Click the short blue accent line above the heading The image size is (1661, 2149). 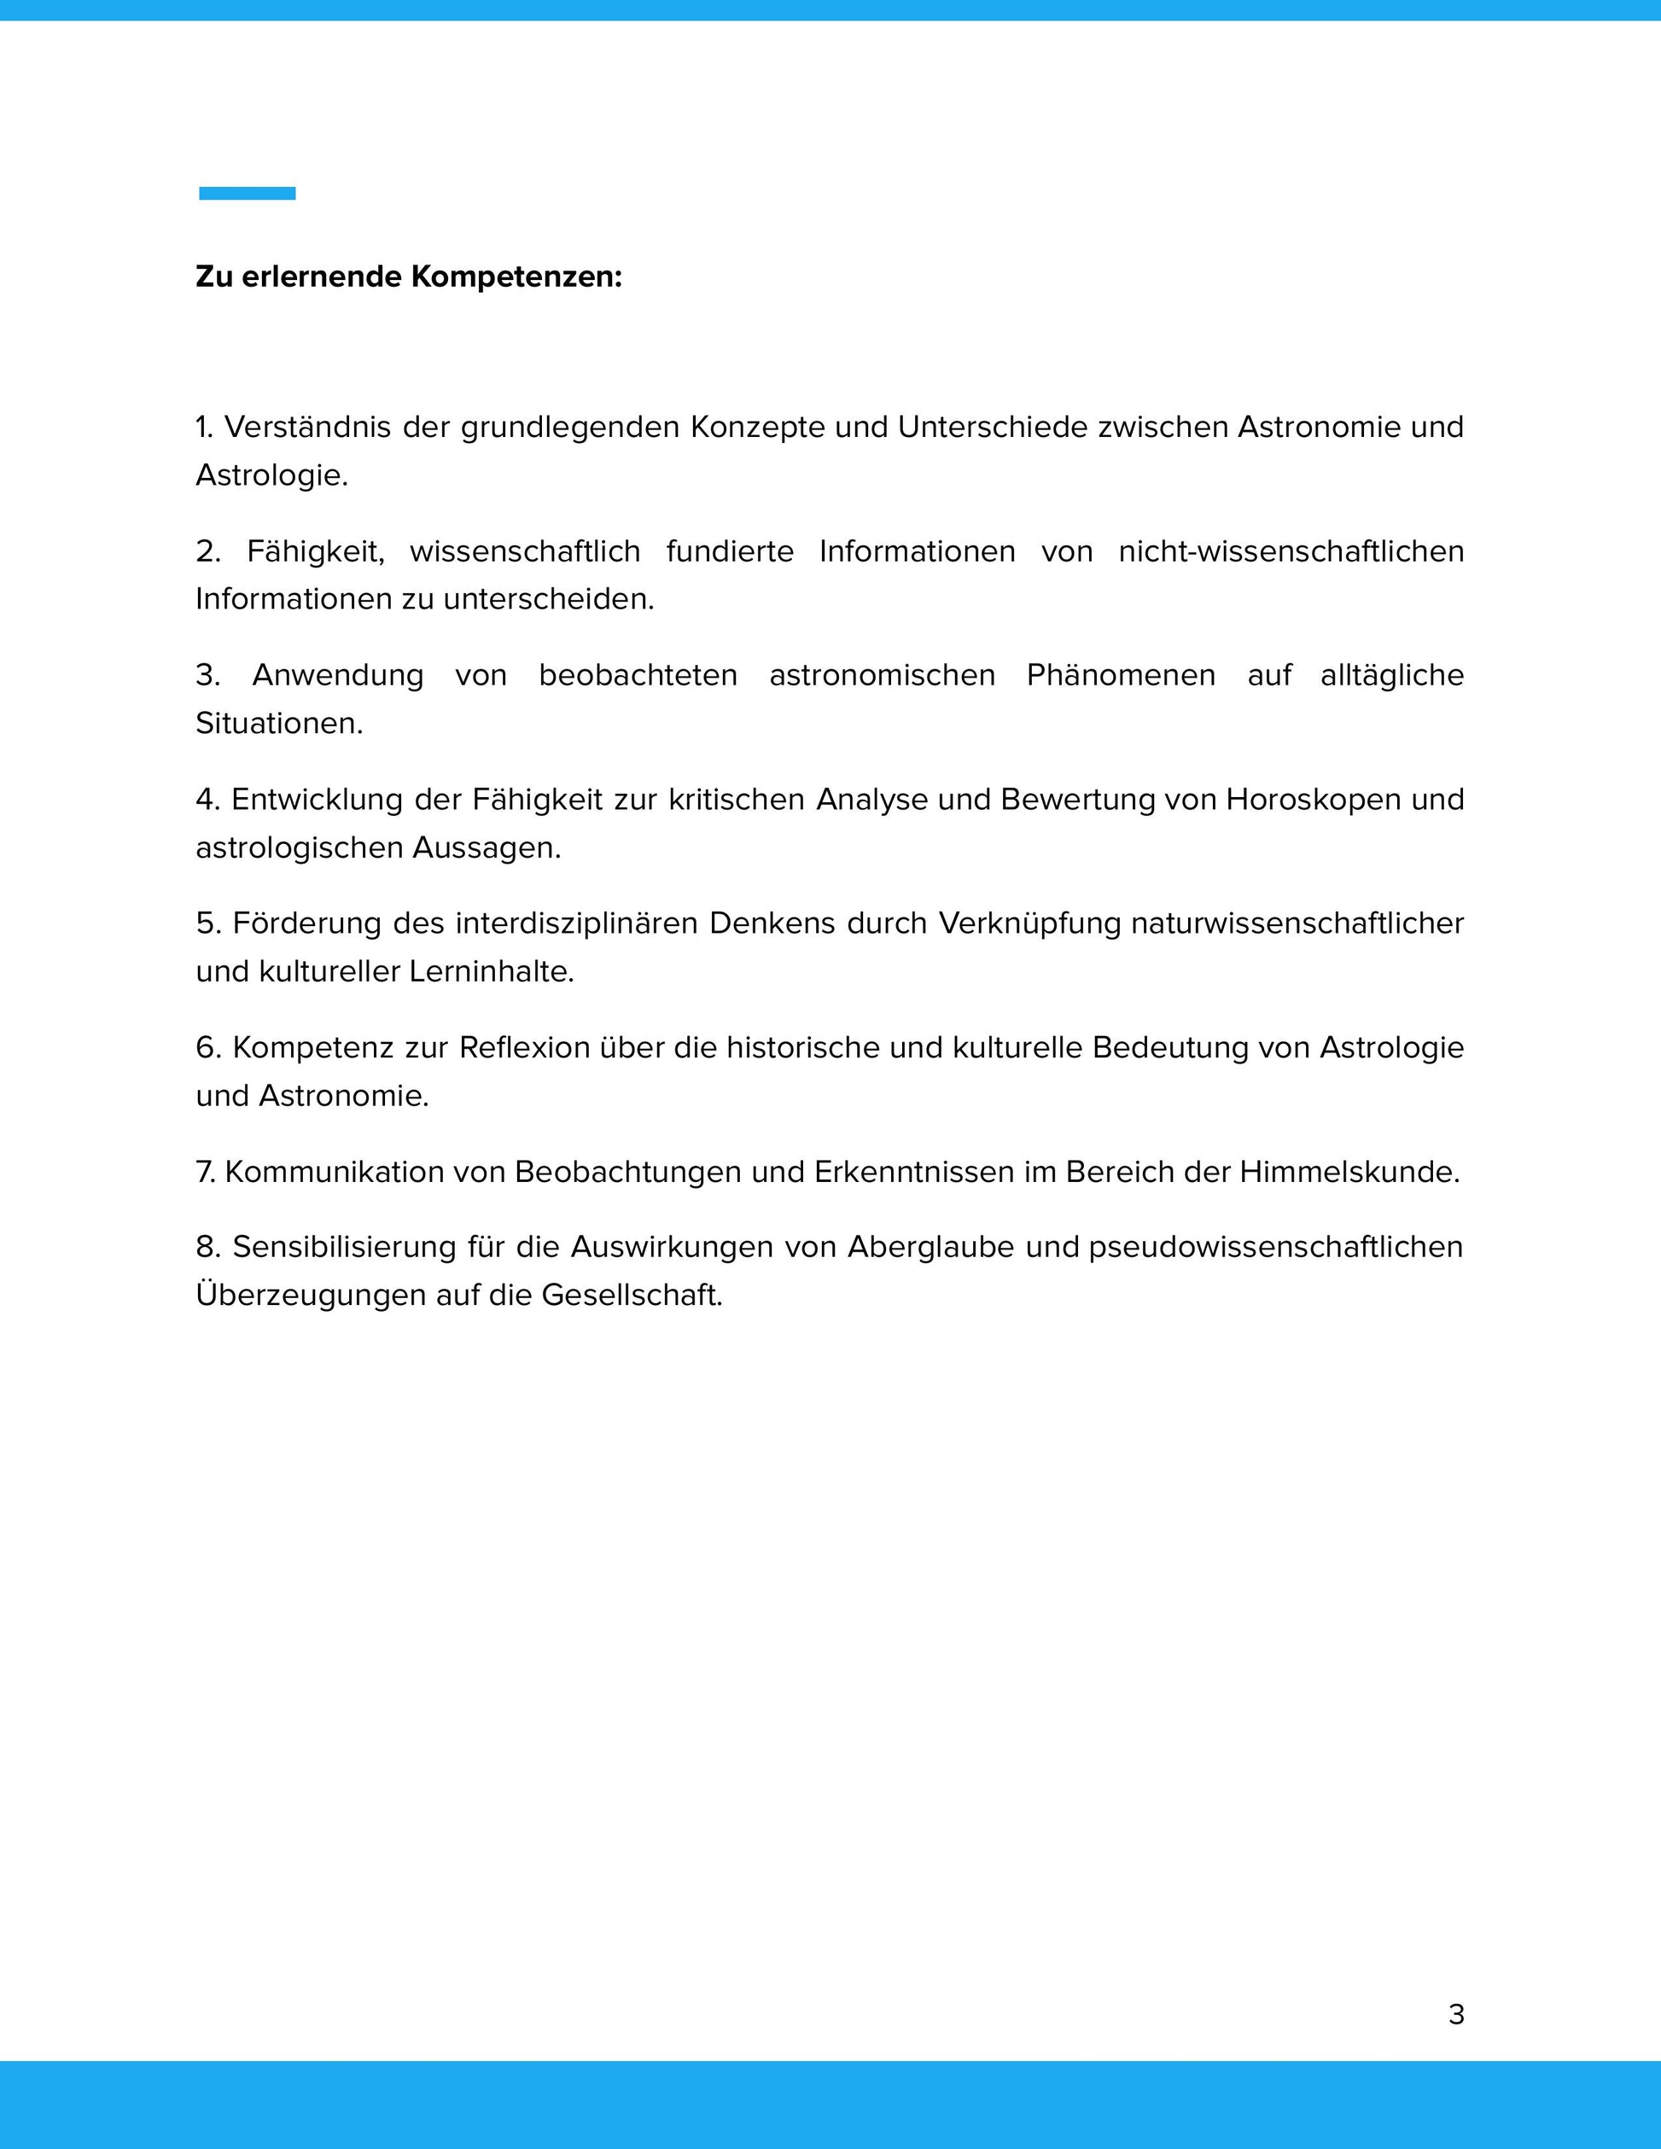click(247, 193)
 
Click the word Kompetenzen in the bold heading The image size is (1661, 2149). click(516, 277)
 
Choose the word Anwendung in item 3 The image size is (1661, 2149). click(337, 675)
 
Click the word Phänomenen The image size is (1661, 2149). click(1120, 675)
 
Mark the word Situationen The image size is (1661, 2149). click(278, 723)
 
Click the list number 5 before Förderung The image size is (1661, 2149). click(207, 923)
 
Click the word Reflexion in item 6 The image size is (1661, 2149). click(523, 1047)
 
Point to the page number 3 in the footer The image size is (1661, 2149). click(1456, 2014)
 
